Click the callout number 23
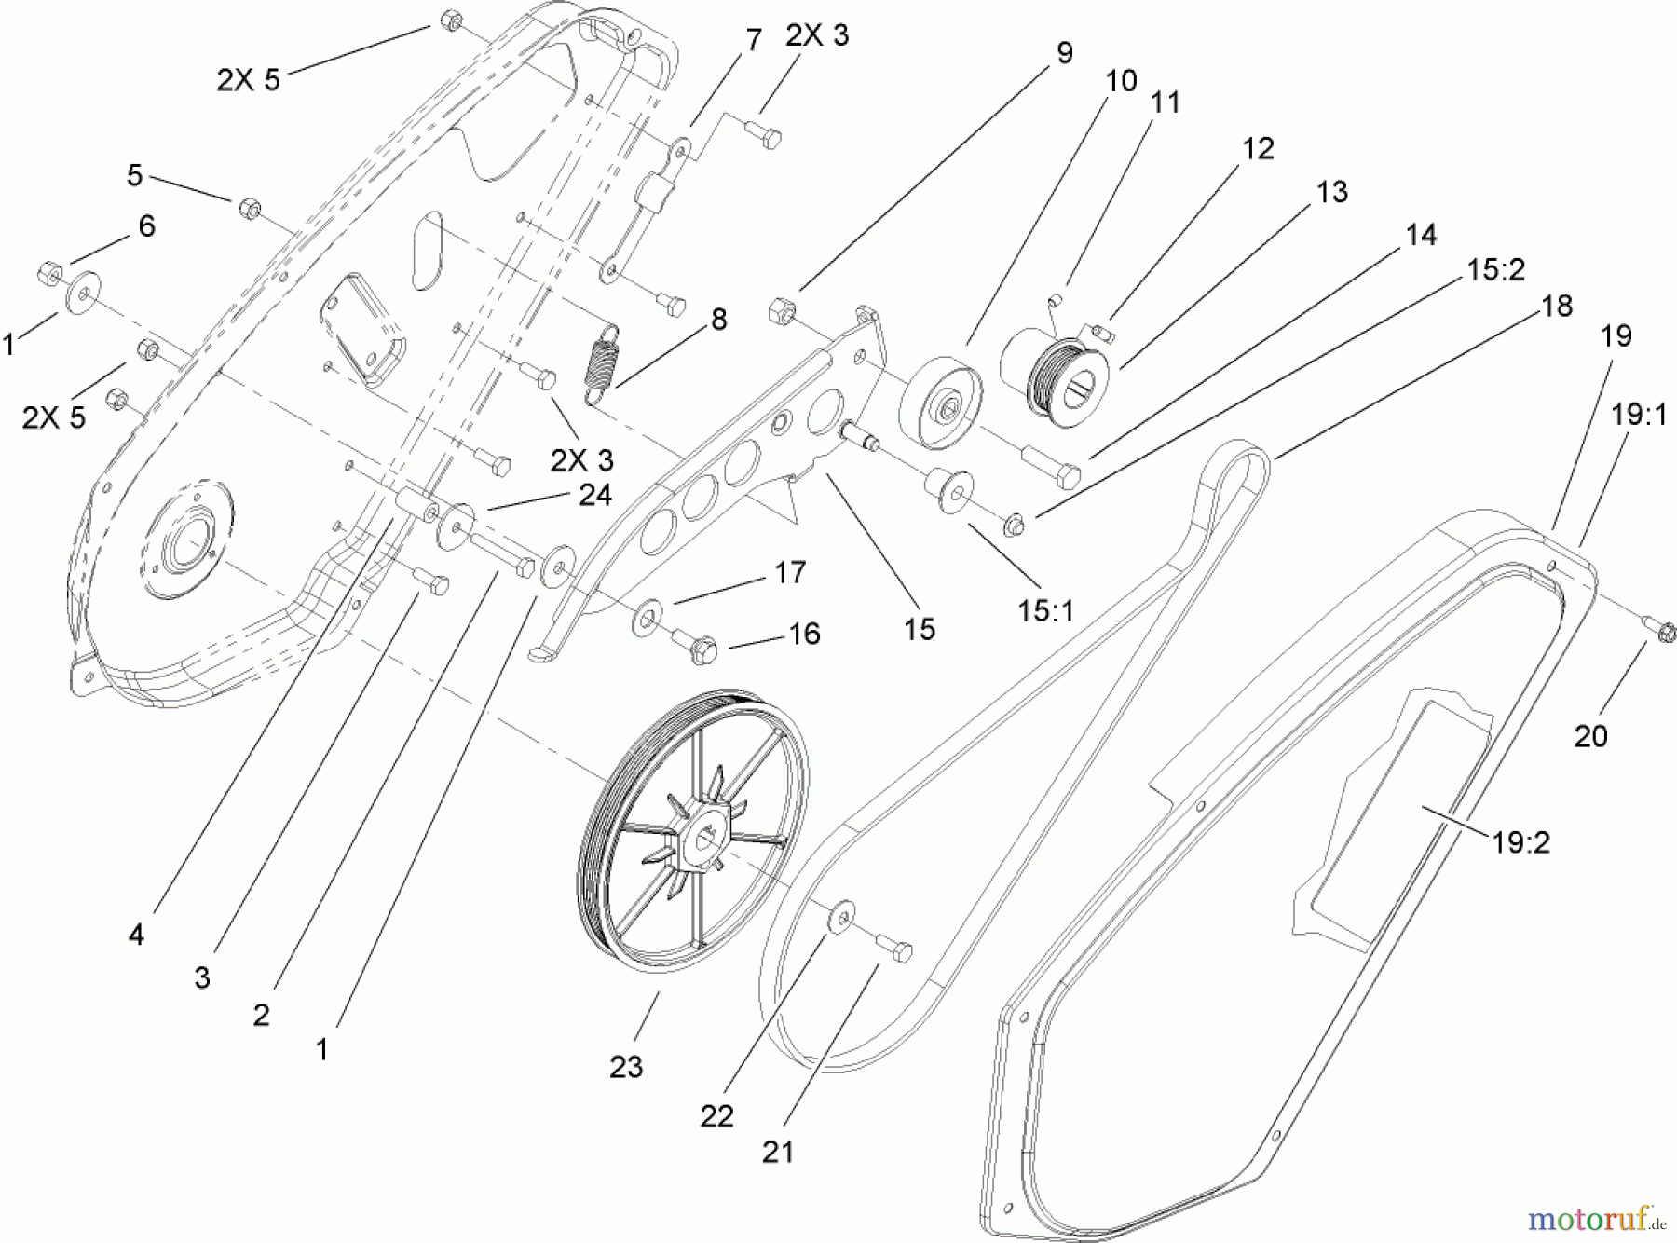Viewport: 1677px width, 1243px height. point(626,1066)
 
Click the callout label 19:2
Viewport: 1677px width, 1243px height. point(1520,842)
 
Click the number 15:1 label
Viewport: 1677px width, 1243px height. point(1046,610)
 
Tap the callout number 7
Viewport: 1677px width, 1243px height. point(753,40)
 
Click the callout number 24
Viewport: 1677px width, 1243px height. point(594,495)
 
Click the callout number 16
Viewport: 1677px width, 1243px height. point(803,634)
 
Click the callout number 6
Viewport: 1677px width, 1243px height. point(146,225)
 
